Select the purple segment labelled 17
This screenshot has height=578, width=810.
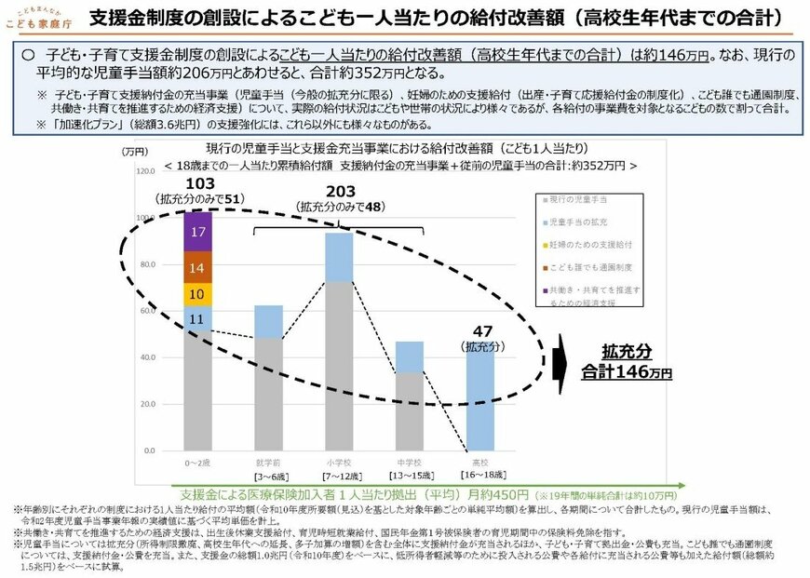198,231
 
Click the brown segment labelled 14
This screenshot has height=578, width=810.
198,267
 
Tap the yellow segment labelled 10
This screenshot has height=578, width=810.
198,294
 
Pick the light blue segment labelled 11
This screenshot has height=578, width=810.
198,319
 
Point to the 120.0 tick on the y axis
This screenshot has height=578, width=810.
147,172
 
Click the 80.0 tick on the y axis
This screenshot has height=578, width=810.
147,265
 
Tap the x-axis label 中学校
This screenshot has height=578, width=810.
411,463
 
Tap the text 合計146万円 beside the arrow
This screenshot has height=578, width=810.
627,371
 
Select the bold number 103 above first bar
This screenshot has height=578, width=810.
201,181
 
